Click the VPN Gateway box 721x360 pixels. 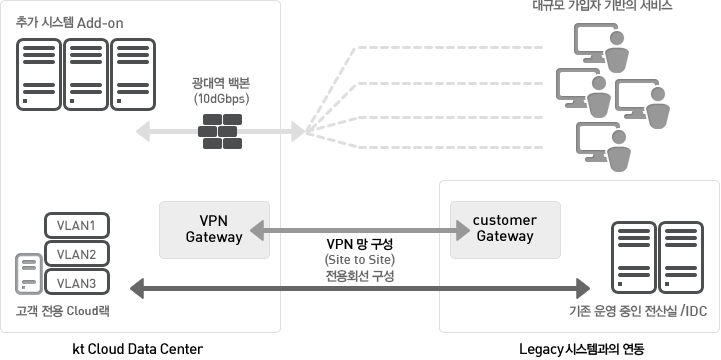coord(214,228)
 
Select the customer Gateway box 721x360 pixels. coord(504,228)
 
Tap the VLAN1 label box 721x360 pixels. coord(77,224)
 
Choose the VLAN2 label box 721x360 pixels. coord(77,253)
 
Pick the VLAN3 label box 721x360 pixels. coord(77,283)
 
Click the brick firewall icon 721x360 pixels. coord(221,129)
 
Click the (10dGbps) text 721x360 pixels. coord(221,100)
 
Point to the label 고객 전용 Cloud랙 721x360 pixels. coord(62,311)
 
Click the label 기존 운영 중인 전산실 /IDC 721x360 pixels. coord(637,311)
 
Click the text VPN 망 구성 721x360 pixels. coord(360,243)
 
